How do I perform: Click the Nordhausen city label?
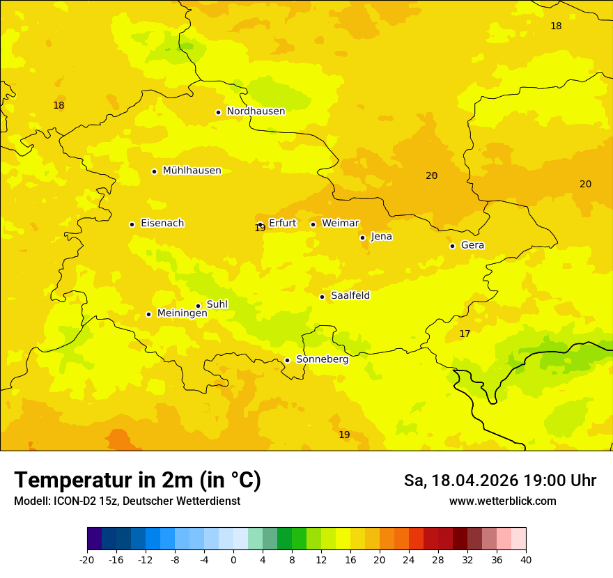(256, 111)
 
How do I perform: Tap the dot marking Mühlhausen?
(154, 171)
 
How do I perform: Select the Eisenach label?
(162, 224)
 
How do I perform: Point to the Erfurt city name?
(282, 224)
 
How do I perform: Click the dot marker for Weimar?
(313, 224)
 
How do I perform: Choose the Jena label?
(382, 237)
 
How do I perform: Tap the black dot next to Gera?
(452, 246)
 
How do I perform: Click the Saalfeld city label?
(350, 296)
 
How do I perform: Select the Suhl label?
(217, 304)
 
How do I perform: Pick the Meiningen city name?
(183, 313)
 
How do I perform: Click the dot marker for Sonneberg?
(287, 360)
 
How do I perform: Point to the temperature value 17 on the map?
(465, 334)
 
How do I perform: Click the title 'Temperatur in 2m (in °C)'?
(137, 481)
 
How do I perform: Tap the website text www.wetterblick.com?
(502, 501)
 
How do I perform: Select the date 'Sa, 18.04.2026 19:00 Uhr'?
(499, 481)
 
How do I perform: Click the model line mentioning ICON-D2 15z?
(127, 501)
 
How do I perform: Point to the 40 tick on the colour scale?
(525, 559)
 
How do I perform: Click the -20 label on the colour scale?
(87, 559)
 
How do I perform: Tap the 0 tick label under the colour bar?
(233, 559)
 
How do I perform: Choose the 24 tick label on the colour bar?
(409, 559)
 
